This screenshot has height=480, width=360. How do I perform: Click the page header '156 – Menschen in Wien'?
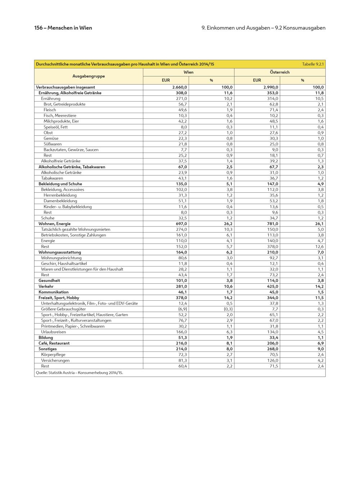[63, 28]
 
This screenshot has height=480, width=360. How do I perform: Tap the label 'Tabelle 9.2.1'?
[313, 64]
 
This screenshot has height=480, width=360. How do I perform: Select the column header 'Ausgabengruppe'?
[89, 76]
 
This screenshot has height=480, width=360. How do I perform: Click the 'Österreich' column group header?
[280, 72]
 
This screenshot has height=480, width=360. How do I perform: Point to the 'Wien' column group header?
[188, 72]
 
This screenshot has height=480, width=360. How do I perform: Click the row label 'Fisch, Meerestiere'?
[60, 116]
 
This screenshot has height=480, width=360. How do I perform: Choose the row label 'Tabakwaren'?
[52, 178]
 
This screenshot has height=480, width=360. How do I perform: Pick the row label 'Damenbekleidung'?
[60, 201]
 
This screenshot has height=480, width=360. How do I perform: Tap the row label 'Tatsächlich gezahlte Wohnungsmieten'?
[76, 229]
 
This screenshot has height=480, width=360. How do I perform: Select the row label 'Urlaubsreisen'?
[53, 332]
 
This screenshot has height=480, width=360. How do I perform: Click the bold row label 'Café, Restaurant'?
[54, 343]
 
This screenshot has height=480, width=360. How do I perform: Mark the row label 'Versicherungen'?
[55, 360]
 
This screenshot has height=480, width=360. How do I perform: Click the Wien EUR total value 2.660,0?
[180, 87]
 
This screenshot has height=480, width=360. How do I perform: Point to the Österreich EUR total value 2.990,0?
[271, 87]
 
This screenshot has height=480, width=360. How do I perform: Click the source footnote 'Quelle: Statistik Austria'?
[79, 373]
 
